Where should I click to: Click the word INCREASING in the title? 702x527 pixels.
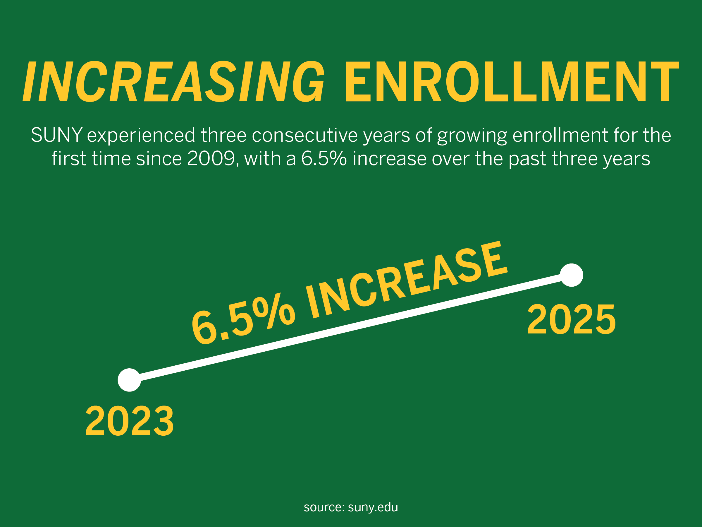173,81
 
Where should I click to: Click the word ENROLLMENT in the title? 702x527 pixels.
512,81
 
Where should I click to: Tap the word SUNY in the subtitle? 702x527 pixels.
56,135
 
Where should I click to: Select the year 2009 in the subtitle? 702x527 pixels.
211,158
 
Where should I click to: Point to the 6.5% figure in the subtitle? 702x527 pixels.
324,158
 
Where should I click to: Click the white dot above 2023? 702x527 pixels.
129,380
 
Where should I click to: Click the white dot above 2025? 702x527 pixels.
572,275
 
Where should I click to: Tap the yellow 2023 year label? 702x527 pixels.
130,421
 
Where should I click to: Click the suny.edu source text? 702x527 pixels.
373,507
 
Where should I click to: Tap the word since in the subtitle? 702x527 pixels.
159,158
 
